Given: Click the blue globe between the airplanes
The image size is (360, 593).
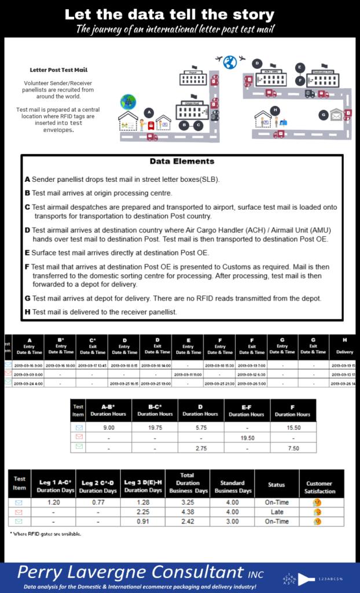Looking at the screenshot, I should pyautogui.click(x=230, y=61).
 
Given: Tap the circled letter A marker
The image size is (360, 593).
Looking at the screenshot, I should pyautogui.click(x=149, y=112).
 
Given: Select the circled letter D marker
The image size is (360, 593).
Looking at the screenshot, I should pyautogui.click(x=258, y=64).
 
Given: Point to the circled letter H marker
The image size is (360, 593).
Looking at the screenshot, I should pyautogui.click(x=275, y=110).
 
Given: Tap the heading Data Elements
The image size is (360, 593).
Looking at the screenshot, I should pyautogui.click(x=182, y=161).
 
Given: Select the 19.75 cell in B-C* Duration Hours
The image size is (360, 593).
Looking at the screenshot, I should pyautogui.click(x=155, y=427).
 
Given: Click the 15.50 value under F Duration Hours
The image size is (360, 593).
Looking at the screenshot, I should pyautogui.click(x=293, y=427).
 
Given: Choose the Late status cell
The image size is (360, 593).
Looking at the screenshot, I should pyautogui.click(x=277, y=512).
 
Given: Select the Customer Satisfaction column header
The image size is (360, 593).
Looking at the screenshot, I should pyautogui.click(x=320, y=487).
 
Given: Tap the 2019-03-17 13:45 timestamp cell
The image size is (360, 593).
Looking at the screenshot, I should pyautogui.click(x=93, y=365).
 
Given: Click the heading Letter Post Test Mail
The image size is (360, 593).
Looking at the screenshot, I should pyautogui.click(x=59, y=70).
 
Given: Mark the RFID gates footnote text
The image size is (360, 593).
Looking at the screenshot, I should pyautogui.click(x=46, y=534).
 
